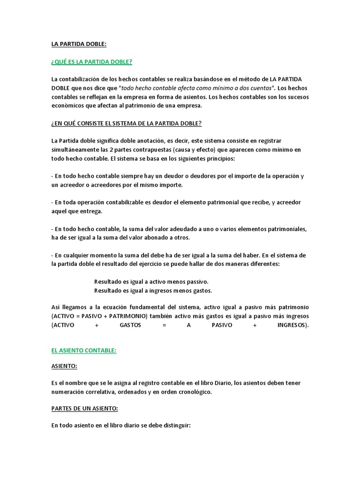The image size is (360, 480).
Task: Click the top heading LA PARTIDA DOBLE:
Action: pos(79,44)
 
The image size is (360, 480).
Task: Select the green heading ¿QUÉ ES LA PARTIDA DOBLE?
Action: pos(91,62)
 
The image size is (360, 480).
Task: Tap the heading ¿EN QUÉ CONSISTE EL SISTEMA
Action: pos(127,123)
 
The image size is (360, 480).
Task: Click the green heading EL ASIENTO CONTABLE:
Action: pos(84,350)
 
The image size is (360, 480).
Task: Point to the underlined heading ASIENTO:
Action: pos(64,365)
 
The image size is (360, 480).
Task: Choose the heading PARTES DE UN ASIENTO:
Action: pos(84,408)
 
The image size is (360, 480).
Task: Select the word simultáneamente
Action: pos(75,150)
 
